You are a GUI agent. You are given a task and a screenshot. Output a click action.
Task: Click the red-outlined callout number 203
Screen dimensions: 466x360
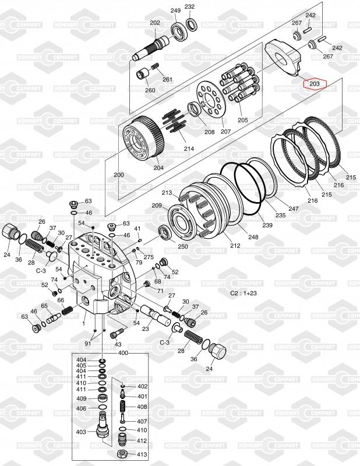click(x=315, y=84)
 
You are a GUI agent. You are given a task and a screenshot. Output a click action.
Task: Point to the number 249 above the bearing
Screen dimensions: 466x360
click(x=175, y=10)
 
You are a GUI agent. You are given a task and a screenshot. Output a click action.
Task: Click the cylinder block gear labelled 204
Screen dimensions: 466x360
click(x=144, y=140)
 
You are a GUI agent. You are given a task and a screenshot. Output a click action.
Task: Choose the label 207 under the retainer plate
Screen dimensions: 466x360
click(x=225, y=131)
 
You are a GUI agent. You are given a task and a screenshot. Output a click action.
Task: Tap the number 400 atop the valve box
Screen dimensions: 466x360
click(x=123, y=354)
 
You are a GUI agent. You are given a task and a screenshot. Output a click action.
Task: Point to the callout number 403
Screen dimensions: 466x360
click(x=81, y=432)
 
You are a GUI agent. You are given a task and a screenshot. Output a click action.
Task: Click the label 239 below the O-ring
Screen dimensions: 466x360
click(x=266, y=225)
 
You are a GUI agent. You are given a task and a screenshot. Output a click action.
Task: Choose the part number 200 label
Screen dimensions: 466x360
click(x=118, y=175)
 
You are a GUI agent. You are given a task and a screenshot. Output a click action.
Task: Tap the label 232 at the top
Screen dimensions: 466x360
click(x=190, y=7)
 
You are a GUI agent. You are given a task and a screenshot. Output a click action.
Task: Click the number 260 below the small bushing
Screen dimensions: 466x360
click(x=150, y=90)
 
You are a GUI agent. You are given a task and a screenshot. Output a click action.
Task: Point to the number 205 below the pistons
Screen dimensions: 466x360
click(x=242, y=120)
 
